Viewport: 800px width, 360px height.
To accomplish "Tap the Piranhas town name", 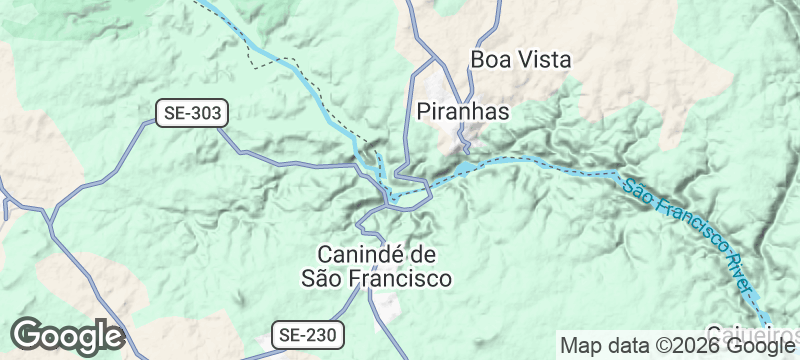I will coord(462,111).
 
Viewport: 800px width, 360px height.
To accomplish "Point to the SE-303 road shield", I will coord(192,113).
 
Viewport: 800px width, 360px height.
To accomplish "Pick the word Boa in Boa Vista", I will coord(490,60).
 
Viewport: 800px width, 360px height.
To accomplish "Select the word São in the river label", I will coord(637,190).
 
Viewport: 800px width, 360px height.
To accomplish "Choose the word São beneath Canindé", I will coord(321,277).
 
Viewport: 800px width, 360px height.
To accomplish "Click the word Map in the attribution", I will coord(580,346).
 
